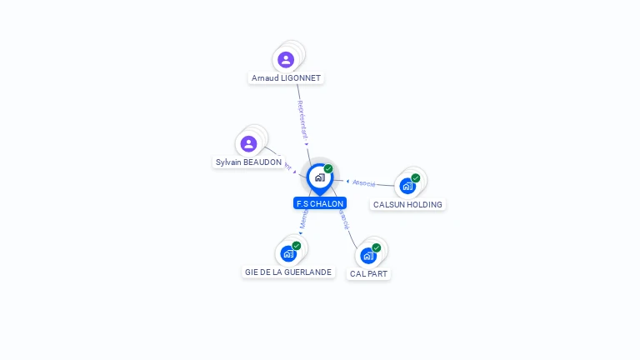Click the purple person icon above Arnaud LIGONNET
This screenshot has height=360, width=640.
click(286, 59)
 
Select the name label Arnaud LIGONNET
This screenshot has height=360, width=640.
click(286, 78)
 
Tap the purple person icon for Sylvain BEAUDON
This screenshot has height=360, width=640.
click(248, 143)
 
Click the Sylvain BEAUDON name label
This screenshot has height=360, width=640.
click(248, 162)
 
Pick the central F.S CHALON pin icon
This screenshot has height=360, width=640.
click(319, 177)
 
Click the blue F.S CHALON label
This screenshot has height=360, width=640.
click(319, 203)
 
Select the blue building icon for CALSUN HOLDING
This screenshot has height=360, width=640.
click(407, 186)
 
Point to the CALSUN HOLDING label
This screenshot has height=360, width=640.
click(407, 204)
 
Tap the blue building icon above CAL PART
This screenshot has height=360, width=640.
click(368, 255)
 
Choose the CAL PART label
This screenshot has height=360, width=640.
click(368, 273)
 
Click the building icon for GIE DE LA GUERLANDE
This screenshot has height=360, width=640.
click(288, 253)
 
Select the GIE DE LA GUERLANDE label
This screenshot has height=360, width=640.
click(288, 272)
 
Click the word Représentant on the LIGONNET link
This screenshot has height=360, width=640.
click(302, 118)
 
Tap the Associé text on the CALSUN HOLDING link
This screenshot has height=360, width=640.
click(364, 182)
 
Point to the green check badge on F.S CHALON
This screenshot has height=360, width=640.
click(328, 168)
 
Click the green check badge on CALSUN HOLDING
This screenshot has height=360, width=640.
click(415, 177)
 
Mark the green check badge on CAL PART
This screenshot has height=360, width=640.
click(377, 247)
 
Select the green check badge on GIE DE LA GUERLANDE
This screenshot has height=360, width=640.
click(297, 246)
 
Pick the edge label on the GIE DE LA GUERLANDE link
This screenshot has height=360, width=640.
click(303, 220)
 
